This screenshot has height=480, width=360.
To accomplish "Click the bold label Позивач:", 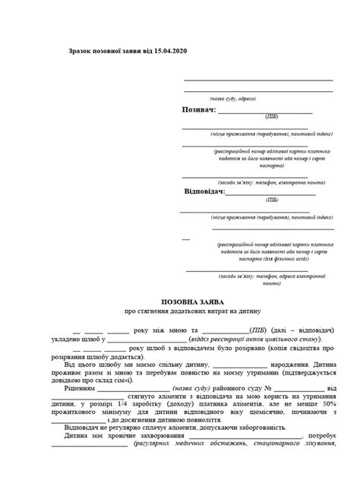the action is [199, 109].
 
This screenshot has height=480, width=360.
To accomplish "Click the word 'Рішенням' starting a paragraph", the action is [77, 387].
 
